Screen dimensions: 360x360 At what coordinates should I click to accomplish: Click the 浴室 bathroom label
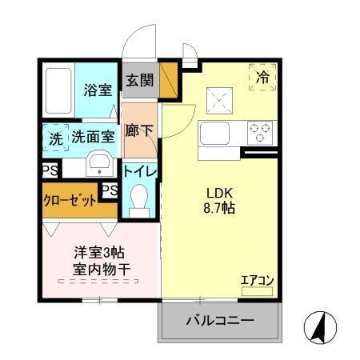pyautogui.click(x=98, y=90)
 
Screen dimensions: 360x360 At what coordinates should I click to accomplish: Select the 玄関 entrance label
pyautogui.click(x=138, y=80)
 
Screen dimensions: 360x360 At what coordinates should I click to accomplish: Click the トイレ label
pyautogui.click(x=139, y=171)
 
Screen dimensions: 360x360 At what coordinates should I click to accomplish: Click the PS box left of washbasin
pyautogui.click(x=49, y=170)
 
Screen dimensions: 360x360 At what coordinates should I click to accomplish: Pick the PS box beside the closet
pyautogui.click(x=110, y=190)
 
